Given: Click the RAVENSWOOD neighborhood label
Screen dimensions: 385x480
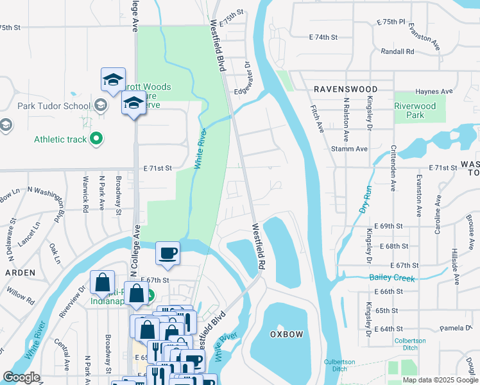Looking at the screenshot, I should pyautogui.click(x=345, y=89).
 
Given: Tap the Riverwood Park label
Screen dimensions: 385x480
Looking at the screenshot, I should pyautogui.click(x=415, y=110).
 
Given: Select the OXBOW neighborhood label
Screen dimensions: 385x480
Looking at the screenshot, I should pyautogui.click(x=286, y=335).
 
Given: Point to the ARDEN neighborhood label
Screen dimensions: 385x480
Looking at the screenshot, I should pyautogui.click(x=20, y=272).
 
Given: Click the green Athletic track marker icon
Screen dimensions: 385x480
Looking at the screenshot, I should pyautogui.click(x=96, y=138).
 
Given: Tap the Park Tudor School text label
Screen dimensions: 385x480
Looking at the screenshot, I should pyautogui.click(x=54, y=106).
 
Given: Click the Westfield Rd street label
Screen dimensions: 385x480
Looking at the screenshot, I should pyautogui.click(x=258, y=246).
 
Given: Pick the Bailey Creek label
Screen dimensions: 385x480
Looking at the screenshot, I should pyautogui.click(x=392, y=277).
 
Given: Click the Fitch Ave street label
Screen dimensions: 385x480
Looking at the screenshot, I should pyautogui.click(x=318, y=119).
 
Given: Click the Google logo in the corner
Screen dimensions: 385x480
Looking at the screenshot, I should pyautogui.click(x=21, y=377).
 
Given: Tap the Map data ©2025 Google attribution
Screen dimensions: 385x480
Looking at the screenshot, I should pyautogui.click(x=440, y=380).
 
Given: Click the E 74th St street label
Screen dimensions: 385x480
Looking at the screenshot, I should pyautogui.click(x=323, y=37).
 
